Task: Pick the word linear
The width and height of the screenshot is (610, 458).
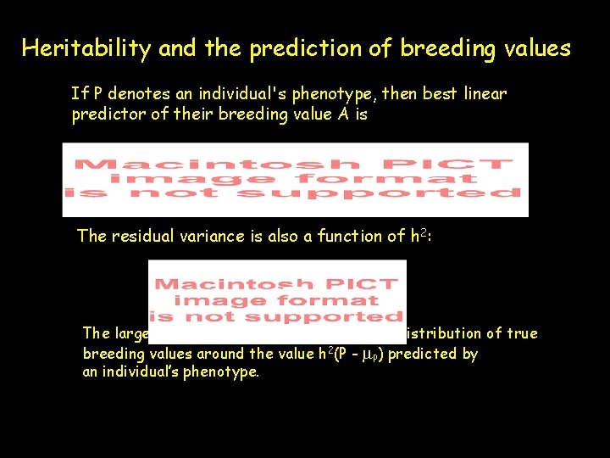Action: coord(485,93)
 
